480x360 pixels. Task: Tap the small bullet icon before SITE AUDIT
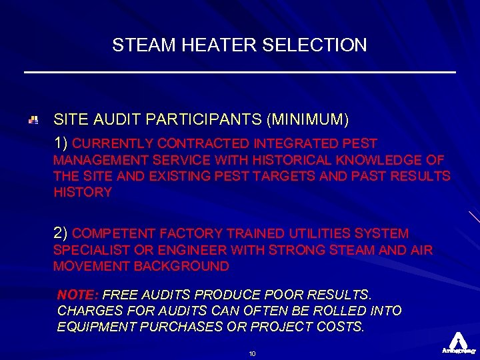click(x=33, y=120)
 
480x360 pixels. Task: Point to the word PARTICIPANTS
click(x=206, y=120)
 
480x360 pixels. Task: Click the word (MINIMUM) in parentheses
click(x=307, y=120)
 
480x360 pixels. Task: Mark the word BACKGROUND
click(x=181, y=266)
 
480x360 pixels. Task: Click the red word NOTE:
click(x=78, y=294)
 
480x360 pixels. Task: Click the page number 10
click(x=252, y=353)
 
